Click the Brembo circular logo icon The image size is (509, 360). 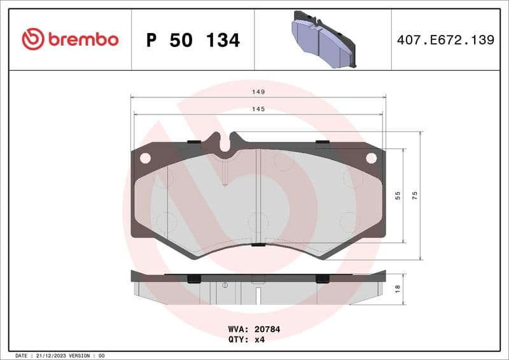(x=33, y=39)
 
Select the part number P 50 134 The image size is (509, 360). (x=193, y=40)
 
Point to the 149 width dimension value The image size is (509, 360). (x=258, y=92)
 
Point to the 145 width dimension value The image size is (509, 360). (x=258, y=109)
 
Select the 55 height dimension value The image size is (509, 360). (x=398, y=196)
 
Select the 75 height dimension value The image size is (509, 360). (x=415, y=196)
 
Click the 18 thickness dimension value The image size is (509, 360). (x=398, y=288)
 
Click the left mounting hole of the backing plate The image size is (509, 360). (x=145, y=158)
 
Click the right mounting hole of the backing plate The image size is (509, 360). (x=371, y=158)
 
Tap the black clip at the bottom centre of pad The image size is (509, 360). (x=258, y=245)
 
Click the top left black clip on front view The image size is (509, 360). (x=195, y=141)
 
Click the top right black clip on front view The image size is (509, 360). (x=322, y=141)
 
